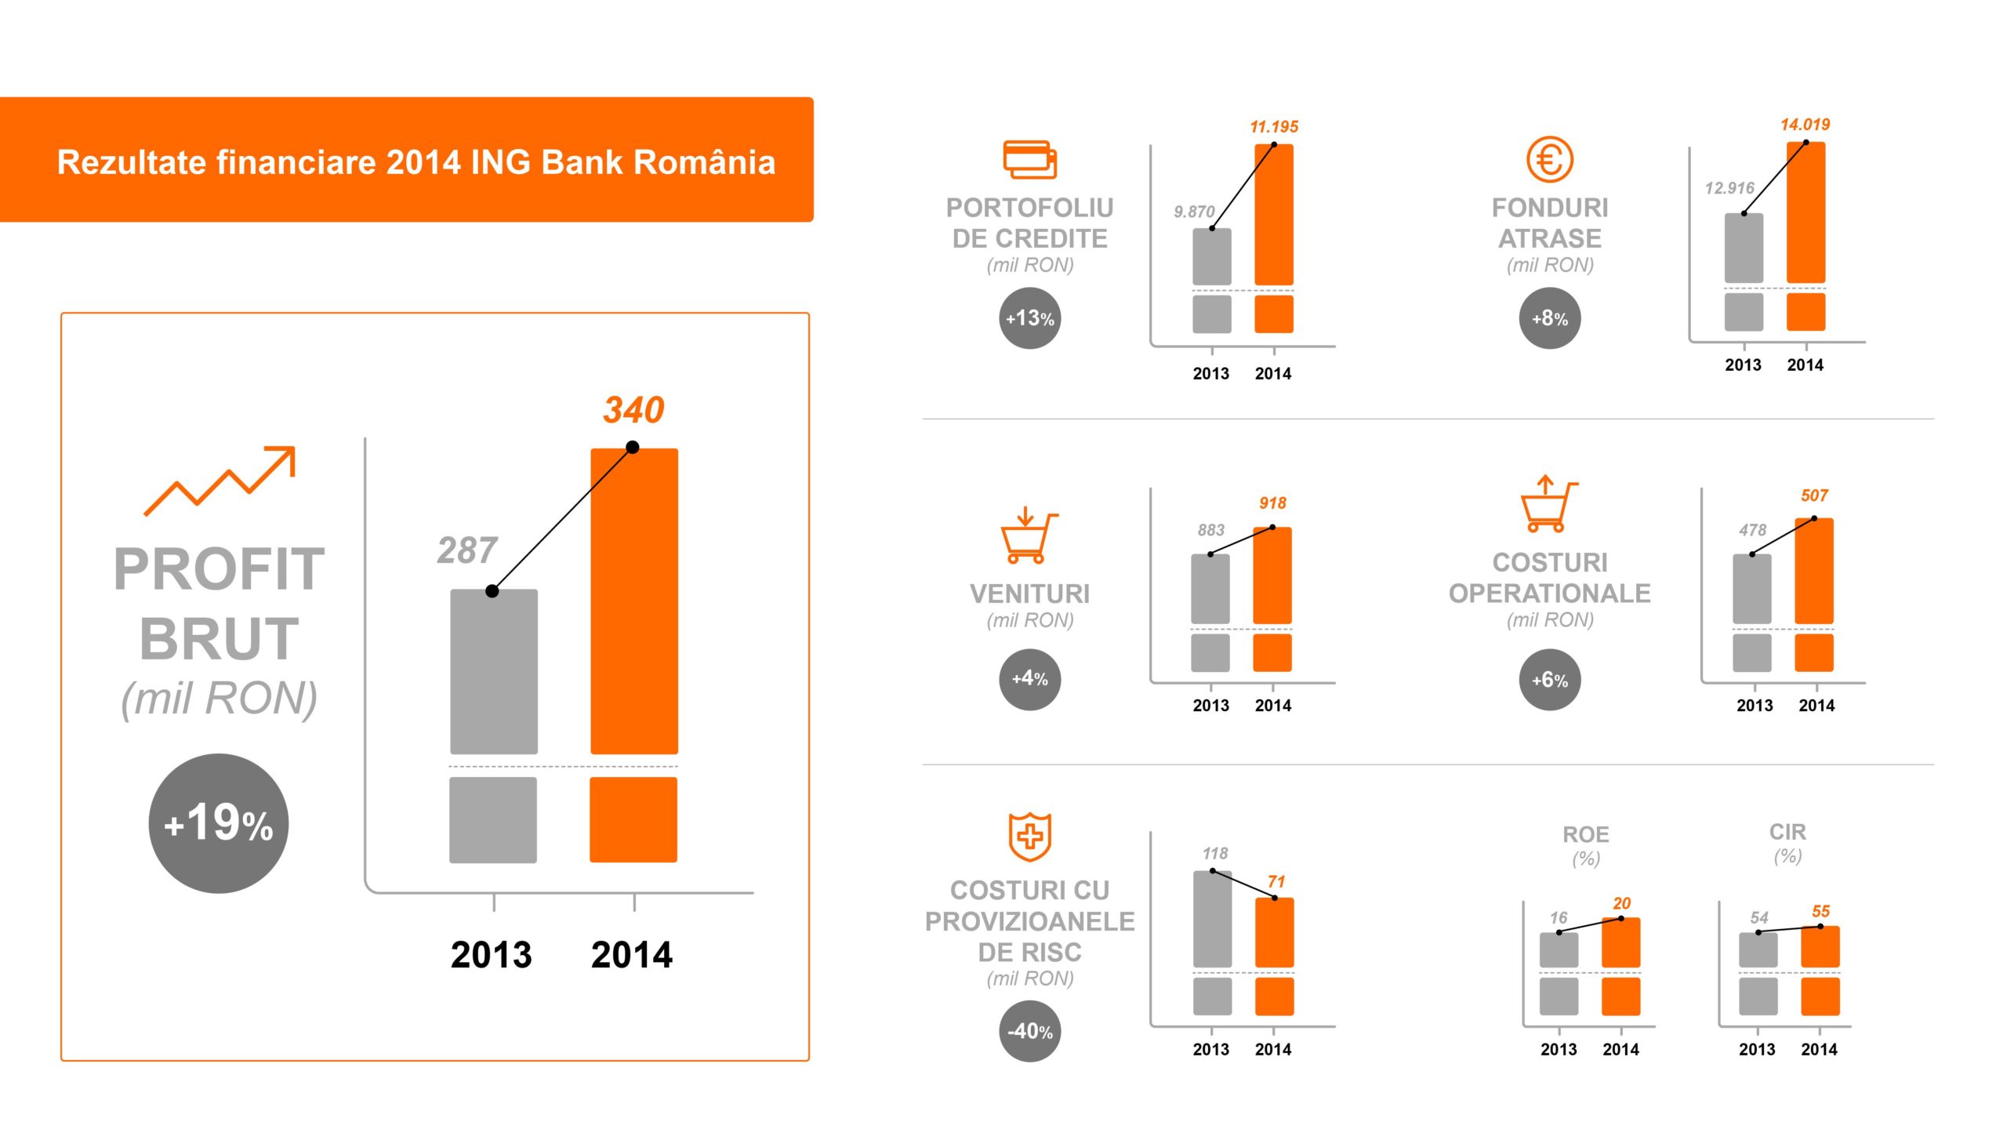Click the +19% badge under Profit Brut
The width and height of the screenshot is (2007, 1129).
(219, 823)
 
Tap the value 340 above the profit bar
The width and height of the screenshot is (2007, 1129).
(633, 410)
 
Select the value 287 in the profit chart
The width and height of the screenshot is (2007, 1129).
(467, 550)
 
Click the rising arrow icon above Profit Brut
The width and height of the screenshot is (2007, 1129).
(220, 481)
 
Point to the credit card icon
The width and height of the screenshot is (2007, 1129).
(1029, 160)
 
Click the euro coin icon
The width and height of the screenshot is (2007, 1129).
(1549, 159)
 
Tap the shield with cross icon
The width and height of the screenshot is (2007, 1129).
(1029, 837)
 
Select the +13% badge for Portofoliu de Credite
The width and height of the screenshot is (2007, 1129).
(1029, 318)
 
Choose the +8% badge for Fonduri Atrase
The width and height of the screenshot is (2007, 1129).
(1549, 318)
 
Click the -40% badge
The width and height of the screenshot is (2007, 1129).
(1029, 1031)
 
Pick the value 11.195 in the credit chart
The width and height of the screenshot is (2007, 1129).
(1274, 127)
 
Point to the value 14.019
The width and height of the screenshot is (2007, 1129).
(1805, 125)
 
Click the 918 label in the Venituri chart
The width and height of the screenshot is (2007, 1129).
(1272, 503)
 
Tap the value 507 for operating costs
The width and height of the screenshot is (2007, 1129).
(1814, 496)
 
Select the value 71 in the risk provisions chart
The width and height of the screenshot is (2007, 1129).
(1276, 882)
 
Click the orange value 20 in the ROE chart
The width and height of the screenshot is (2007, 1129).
(1621, 904)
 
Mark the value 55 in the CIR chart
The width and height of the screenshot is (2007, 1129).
(1820, 912)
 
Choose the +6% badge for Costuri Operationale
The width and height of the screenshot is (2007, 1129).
(1549, 680)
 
